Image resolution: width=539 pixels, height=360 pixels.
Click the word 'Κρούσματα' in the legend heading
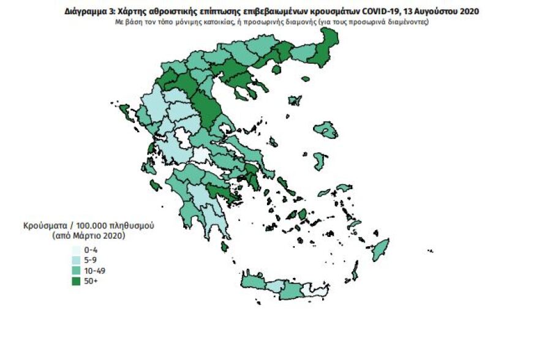[x=46, y=226]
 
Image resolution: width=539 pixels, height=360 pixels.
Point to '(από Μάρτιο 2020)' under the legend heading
[x=89, y=235]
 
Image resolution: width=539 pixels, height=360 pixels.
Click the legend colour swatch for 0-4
[x=75, y=250]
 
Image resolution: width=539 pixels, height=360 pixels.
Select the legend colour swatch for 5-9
[x=75, y=260]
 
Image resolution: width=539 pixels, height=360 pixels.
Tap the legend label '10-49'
[x=96, y=271]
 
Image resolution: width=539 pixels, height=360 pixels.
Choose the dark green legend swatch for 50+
[x=75, y=281]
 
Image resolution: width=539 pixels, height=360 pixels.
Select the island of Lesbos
[x=326, y=130]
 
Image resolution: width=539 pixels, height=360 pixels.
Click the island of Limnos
[x=295, y=100]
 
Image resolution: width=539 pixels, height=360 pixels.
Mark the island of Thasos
[x=276, y=70]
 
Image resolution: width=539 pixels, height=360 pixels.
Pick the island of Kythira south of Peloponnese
[x=225, y=247]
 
